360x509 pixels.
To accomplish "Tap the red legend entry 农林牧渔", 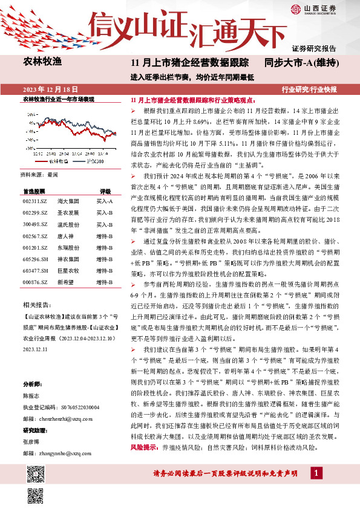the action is click(x=58, y=161).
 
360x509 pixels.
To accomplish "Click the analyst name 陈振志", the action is click(x=31, y=396).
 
